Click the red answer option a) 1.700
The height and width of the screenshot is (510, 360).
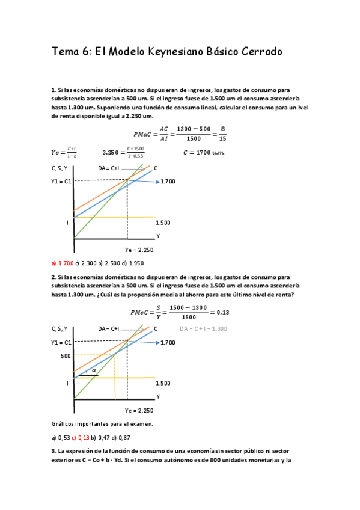click(x=63, y=263)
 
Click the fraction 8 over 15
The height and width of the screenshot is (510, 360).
click(x=223, y=134)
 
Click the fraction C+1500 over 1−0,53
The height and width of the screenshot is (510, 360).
click(x=134, y=152)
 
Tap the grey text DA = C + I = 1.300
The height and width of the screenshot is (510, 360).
click(x=204, y=328)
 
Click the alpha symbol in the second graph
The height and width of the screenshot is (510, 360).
click(x=94, y=370)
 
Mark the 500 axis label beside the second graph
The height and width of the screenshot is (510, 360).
click(x=66, y=355)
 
